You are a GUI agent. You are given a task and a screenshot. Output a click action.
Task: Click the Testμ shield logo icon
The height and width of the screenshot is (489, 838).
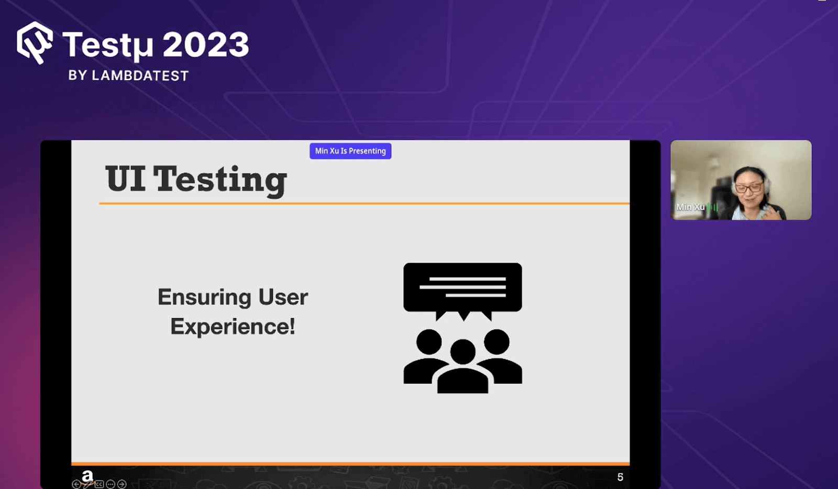click(35, 42)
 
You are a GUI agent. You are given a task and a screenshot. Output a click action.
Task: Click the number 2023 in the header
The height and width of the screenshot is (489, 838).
click(205, 45)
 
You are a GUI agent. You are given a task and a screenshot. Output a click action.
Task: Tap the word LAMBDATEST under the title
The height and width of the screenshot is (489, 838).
click(140, 75)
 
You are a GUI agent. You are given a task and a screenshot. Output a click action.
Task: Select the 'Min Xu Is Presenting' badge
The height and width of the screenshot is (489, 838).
click(350, 151)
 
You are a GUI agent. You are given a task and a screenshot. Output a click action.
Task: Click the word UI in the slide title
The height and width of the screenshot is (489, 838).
click(125, 179)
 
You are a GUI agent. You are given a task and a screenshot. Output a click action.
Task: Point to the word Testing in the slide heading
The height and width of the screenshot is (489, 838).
click(220, 180)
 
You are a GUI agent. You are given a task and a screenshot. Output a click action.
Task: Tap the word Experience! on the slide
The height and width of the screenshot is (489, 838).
click(233, 327)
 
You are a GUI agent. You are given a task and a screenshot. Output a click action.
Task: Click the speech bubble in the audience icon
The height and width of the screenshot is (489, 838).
click(462, 288)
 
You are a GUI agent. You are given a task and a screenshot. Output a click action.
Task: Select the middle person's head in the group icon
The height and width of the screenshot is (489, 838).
click(462, 351)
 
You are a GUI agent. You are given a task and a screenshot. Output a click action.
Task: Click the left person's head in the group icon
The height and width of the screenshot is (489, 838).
click(429, 342)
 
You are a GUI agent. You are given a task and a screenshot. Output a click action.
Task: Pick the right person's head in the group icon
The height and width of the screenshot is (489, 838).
click(497, 342)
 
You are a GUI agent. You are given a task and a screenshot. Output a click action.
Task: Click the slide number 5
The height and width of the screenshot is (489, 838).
click(620, 477)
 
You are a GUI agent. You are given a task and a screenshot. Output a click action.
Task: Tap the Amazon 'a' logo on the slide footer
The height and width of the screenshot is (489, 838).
click(87, 475)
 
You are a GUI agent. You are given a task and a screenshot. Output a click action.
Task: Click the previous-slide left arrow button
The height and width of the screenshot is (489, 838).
click(76, 484)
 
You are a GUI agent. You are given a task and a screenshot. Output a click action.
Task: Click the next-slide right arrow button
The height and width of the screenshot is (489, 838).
click(122, 484)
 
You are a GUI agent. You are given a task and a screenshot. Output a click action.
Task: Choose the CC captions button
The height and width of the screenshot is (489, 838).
click(99, 484)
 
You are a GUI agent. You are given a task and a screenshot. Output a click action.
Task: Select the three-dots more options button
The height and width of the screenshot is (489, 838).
click(111, 484)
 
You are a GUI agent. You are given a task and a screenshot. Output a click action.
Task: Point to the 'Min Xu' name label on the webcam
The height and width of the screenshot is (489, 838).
click(690, 207)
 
